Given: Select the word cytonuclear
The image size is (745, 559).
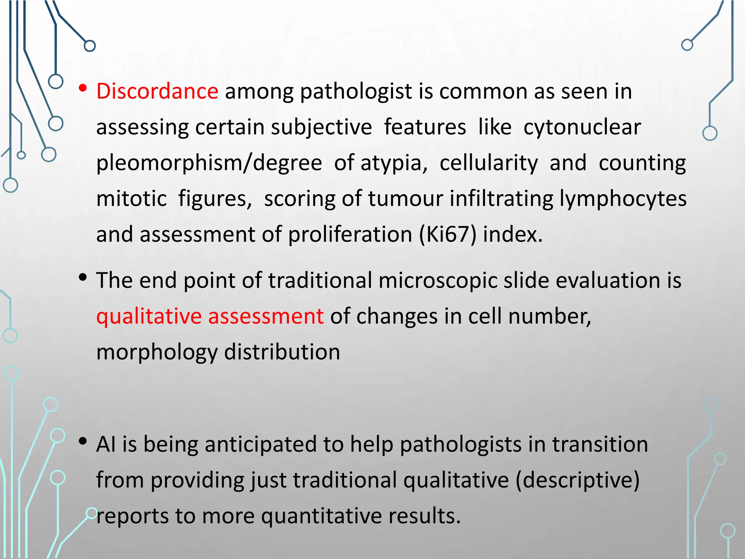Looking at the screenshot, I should tap(582, 127).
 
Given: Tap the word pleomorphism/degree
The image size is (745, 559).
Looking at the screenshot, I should tap(209, 163).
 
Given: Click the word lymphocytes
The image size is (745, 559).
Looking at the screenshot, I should tap(623, 199).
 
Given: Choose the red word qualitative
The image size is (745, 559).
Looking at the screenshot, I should tap(149, 316).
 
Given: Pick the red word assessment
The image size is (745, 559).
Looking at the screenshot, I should tap(266, 316).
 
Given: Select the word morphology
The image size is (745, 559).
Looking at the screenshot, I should tap(157, 352).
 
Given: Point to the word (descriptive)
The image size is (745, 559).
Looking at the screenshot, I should tap(578, 480).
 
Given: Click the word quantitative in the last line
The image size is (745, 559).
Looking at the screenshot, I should tap(322, 516).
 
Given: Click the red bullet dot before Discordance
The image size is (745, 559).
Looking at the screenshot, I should tap(83, 88).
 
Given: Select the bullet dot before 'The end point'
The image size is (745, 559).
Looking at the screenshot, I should tap(83, 278).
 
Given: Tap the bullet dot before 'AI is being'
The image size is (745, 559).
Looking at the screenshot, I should tap(83, 441).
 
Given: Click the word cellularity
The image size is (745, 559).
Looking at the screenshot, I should tap(489, 163).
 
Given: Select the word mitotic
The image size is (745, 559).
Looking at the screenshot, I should tap(131, 199).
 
